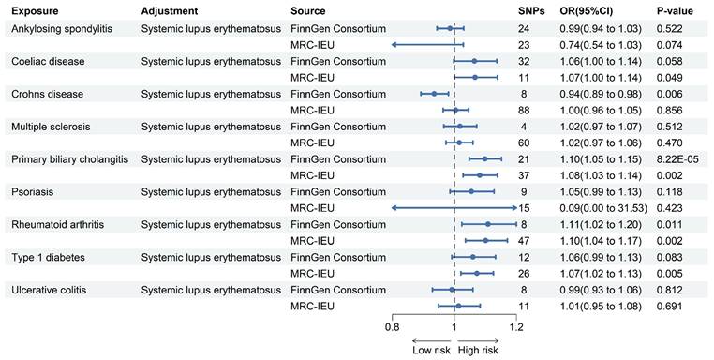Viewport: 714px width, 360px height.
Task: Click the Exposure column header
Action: point(35,11)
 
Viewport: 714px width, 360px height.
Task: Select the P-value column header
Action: point(675,11)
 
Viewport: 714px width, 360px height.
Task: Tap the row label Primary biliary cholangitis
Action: point(69,159)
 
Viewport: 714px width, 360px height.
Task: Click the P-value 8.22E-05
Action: point(677,159)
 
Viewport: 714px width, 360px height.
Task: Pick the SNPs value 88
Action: point(524,111)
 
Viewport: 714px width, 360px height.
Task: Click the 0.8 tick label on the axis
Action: point(392,327)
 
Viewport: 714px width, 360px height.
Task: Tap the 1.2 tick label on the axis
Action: point(516,327)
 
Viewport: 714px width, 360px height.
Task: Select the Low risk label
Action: point(431,350)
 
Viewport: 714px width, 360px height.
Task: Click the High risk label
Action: point(478,350)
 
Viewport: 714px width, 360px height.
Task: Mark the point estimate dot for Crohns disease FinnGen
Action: point(434,94)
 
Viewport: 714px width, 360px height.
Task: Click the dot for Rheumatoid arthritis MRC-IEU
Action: point(485,240)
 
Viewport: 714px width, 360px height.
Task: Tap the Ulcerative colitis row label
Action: point(49,290)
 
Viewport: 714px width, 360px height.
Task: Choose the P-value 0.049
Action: point(669,78)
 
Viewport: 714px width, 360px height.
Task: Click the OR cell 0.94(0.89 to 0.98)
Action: point(601,94)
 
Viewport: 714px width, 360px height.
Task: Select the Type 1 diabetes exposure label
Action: point(49,258)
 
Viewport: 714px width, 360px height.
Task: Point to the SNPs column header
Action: point(531,11)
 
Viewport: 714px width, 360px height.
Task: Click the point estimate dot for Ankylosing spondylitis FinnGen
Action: point(450,28)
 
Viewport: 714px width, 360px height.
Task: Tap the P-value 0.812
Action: point(669,290)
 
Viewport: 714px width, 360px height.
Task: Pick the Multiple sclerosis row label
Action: point(51,127)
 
